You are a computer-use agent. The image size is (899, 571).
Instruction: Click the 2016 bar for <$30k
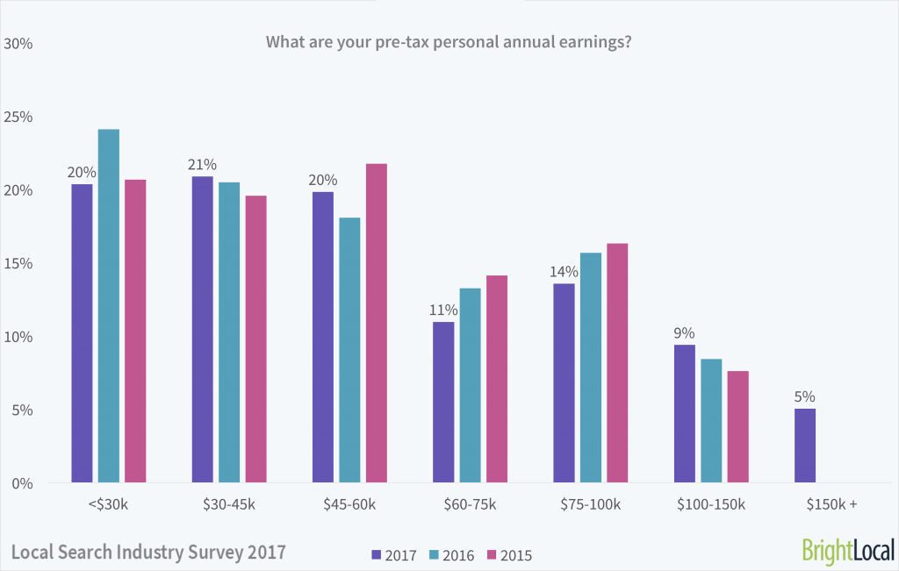[x=109, y=306]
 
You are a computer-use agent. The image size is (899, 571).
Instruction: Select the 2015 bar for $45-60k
[x=377, y=324]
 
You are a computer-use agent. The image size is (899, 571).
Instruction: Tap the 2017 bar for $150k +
[x=805, y=446]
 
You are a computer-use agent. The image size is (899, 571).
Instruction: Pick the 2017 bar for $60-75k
[x=444, y=403]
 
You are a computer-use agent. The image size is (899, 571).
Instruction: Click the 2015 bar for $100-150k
[x=737, y=427]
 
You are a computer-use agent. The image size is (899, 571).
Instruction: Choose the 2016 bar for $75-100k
[x=591, y=368]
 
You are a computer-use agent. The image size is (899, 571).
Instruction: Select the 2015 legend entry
[x=509, y=554]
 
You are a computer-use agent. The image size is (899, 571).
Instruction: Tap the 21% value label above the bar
[x=202, y=165]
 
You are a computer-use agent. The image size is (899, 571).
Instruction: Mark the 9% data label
[x=685, y=333]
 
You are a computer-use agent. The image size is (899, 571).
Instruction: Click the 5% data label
[x=805, y=396]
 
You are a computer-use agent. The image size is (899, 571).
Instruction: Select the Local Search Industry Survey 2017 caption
[x=148, y=553]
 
